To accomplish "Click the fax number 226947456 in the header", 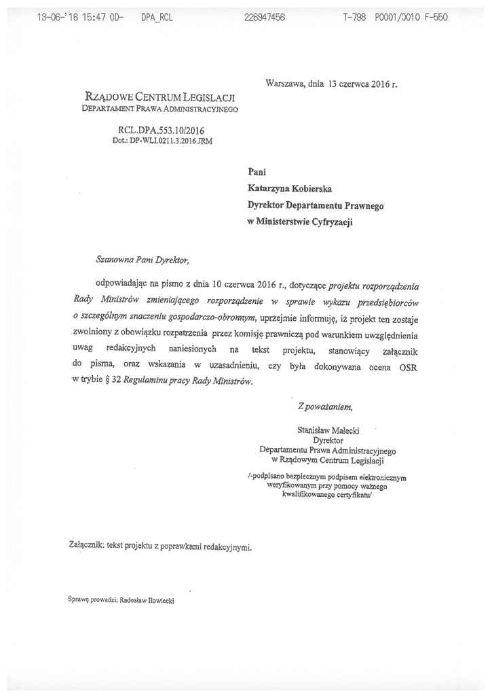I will pos(264,18).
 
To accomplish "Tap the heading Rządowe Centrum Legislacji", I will pos(159,97).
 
